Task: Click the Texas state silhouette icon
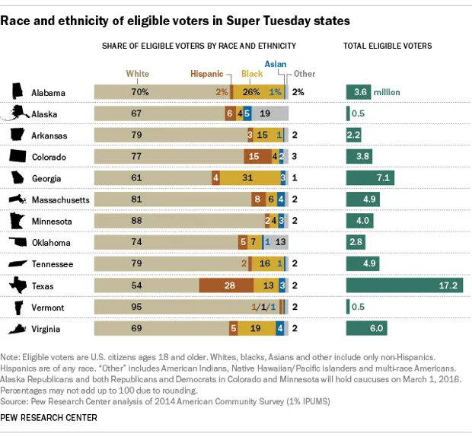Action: (16, 286)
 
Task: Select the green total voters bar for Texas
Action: (404, 286)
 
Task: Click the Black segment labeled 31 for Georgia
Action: (247, 178)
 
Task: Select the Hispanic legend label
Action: (206, 74)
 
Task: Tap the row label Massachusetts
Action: (60, 200)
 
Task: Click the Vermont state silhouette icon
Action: (16, 308)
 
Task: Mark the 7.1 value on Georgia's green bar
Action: (383, 178)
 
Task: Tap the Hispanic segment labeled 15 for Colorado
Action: (254, 157)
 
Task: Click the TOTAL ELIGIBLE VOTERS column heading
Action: (387, 46)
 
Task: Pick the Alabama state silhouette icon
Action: (16, 92)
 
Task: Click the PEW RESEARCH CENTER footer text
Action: (49, 418)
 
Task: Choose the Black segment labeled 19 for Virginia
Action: (256, 330)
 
